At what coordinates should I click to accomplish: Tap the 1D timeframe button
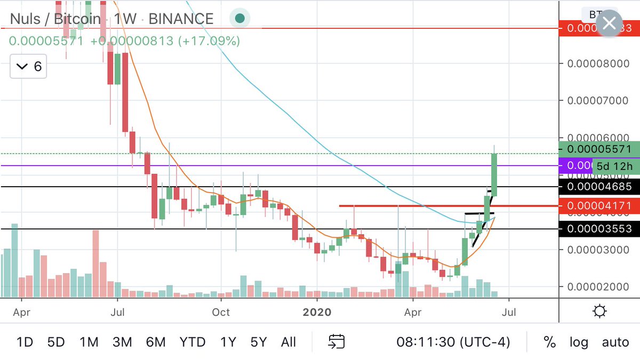point(25,342)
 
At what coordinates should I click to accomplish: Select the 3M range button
point(122,342)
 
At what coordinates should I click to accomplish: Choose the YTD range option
point(192,342)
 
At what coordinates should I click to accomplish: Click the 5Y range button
point(258,342)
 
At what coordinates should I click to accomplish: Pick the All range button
point(288,342)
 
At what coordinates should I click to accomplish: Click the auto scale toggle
point(615,342)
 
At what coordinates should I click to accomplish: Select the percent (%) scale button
point(549,342)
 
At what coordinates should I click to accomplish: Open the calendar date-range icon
point(337,342)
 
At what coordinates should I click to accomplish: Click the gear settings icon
point(599,311)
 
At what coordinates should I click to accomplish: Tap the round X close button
point(609,23)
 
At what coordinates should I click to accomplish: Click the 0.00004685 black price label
point(598,187)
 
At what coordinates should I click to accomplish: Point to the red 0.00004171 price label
point(598,205)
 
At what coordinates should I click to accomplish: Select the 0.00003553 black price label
point(598,229)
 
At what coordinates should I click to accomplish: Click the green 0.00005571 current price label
point(598,149)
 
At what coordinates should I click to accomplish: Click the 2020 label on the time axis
point(317,311)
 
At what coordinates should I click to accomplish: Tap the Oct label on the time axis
point(220,311)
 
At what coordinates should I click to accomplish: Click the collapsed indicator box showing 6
point(30,67)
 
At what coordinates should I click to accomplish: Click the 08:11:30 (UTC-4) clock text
point(453,342)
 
